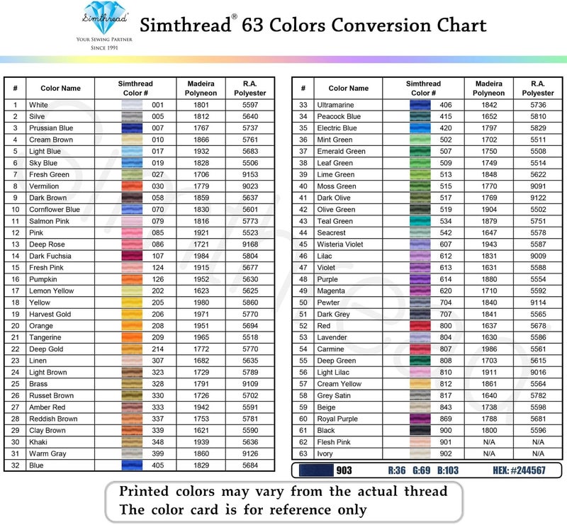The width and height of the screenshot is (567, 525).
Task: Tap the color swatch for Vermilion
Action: pyautogui.click(x=132, y=186)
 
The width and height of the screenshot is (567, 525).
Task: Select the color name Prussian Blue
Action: pyautogui.click(x=51, y=128)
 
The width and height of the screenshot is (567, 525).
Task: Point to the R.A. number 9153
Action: pyautogui.click(x=250, y=174)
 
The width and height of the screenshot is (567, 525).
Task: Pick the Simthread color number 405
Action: pyautogui.click(x=157, y=465)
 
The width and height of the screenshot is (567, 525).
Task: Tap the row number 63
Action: pyautogui.click(x=303, y=453)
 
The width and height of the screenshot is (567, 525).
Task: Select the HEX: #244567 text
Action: pyautogui.click(x=521, y=470)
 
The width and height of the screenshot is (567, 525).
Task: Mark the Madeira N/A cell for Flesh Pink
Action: pyautogui.click(x=489, y=442)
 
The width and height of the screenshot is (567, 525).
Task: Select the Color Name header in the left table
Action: pyautogui.click(x=60, y=89)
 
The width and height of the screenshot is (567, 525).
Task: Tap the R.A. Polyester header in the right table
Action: pyautogui.click(x=538, y=89)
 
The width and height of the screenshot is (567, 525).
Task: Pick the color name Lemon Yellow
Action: pyautogui.click(x=51, y=290)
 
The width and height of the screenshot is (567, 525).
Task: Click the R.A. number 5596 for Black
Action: pyautogui.click(x=538, y=430)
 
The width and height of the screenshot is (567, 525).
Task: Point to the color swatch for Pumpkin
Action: pyautogui.click(x=132, y=279)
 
